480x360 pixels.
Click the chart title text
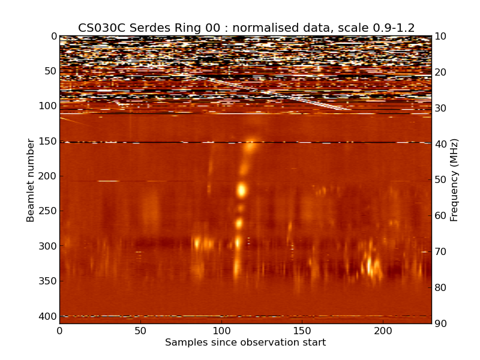(x=246, y=28)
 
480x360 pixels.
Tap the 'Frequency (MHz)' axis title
(x=454, y=180)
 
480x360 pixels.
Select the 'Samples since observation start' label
(x=245, y=343)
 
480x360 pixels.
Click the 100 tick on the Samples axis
(x=221, y=331)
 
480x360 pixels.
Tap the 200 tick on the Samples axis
(x=383, y=331)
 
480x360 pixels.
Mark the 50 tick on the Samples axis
(x=140, y=331)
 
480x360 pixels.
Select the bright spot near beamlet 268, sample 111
(x=239, y=223)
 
